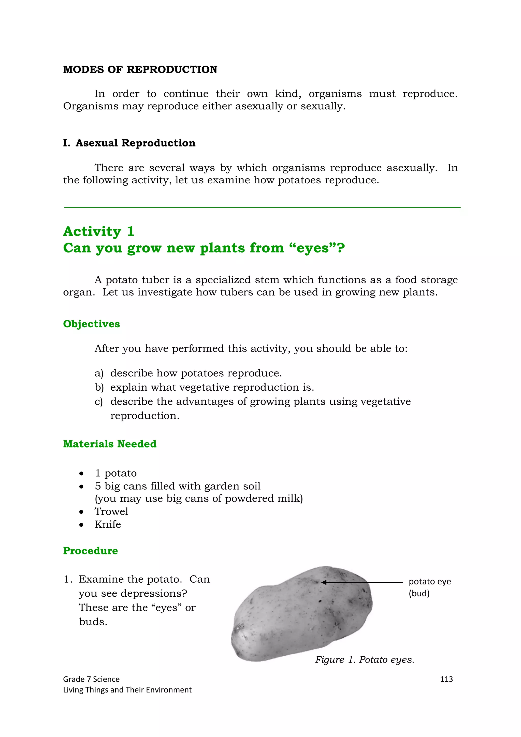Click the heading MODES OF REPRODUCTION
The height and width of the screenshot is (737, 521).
(140, 70)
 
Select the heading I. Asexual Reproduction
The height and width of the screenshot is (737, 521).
(129, 143)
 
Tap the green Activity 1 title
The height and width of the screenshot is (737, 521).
(98, 231)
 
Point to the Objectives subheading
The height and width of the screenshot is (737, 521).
(92, 324)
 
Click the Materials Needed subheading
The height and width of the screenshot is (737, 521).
(110, 444)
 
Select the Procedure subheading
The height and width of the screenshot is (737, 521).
(91, 551)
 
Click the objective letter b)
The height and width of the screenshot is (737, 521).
(99, 387)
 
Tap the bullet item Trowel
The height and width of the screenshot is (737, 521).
(111, 511)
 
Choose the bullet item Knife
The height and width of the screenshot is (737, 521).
(108, 524)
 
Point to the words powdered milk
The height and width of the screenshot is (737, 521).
(264, 498)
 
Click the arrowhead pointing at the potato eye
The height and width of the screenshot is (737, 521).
(324, 582)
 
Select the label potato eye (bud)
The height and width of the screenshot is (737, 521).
(429, 587)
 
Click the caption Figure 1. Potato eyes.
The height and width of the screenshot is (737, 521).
(365, 660)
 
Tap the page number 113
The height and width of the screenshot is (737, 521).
(446, 679)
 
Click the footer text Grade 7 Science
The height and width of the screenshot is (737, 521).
(91, 679)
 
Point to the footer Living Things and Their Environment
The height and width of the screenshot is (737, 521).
(127, 690)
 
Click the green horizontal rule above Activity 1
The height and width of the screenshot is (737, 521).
(262, 208)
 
